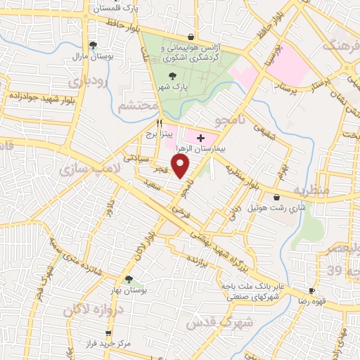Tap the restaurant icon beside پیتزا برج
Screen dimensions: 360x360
point(149,122)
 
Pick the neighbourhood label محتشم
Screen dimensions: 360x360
point(136,106)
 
